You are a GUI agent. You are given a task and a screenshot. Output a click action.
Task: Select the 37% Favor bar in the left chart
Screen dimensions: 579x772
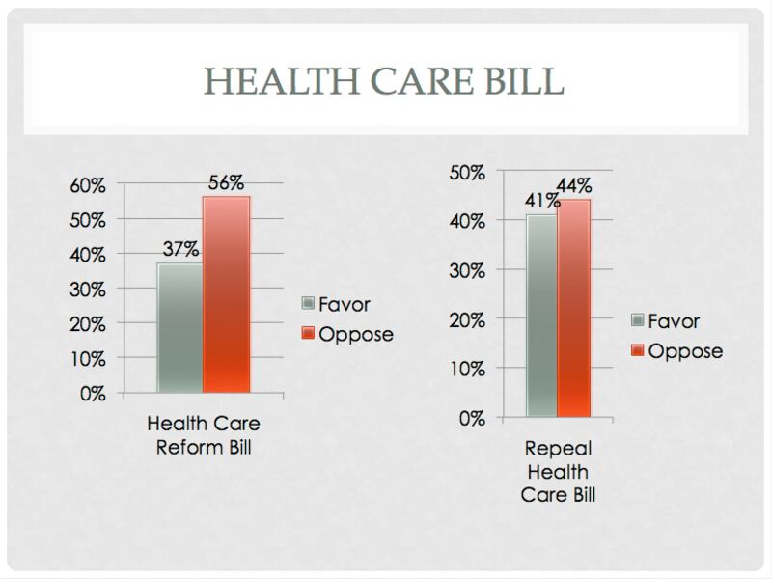[x=179, y=328]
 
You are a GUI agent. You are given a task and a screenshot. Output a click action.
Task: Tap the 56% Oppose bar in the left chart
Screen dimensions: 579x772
[x=227, y=294]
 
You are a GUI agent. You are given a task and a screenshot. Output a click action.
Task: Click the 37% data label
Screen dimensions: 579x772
[x=181, y=248]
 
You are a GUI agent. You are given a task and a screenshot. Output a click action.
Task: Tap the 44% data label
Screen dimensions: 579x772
[x=573, y=186]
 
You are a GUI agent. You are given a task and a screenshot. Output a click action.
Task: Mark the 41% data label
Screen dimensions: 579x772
[x=542, y=202]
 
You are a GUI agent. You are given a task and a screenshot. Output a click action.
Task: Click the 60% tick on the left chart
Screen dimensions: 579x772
[x=87, y=185]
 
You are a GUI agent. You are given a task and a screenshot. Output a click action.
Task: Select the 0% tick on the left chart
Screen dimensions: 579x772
[x=93, y=394]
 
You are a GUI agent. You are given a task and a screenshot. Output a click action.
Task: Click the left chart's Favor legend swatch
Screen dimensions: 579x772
[x=309, y=304]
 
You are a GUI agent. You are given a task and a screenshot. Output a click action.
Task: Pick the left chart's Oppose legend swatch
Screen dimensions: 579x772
[x=309, y=334]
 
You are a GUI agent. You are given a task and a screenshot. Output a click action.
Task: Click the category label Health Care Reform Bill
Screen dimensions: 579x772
[x=204, y=436]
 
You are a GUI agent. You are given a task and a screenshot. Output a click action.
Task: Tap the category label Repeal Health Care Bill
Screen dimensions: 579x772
[x=558, y=473]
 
